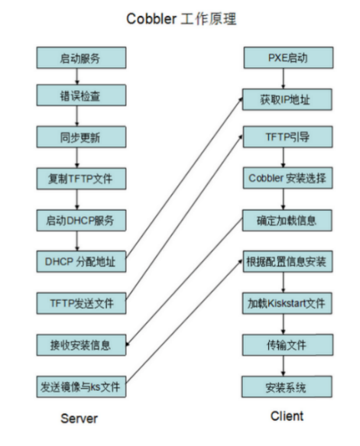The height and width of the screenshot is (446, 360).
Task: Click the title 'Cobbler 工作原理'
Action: tap(180, 19)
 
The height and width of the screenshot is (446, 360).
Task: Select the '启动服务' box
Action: tap(80, 58)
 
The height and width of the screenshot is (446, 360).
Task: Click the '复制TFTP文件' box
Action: tap(80, 179)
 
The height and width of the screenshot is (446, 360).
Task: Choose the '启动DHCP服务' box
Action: tap(80, 221)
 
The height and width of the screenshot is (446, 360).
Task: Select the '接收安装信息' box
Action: tap(80, 344)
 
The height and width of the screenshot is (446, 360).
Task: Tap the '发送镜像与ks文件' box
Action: tap(80, 386)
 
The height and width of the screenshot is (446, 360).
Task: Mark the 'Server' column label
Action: tap(79, 418)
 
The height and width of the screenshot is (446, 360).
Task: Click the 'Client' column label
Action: tap(287, 416)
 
